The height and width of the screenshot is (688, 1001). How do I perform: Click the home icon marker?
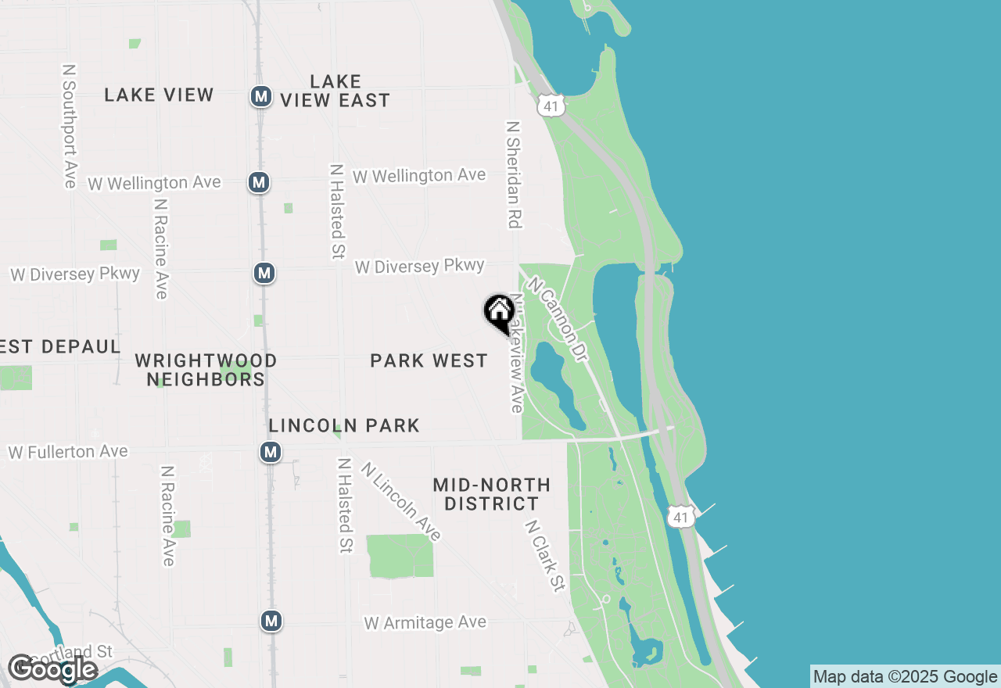[499, 312]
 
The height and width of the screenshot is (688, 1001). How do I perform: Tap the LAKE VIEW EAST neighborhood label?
[335, 91]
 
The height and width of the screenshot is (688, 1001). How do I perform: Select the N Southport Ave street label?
[69, 125]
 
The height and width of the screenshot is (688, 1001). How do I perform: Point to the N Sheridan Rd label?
[513, 174]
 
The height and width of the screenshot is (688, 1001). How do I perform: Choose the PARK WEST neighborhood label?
[429, 360]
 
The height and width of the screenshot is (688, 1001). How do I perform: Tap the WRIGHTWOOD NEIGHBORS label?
[206, 370]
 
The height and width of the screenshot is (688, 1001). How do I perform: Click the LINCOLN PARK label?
[344, 425]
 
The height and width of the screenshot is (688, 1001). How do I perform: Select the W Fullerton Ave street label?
[67, 452]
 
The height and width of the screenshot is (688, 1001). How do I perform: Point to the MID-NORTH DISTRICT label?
[491, 494]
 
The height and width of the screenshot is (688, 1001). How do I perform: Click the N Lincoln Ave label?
[401, 501]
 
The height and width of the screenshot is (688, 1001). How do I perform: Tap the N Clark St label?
[545, 556]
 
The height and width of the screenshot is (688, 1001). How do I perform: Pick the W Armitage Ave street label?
[425, 623]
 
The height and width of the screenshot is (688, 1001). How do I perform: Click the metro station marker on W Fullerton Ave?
[271, 452]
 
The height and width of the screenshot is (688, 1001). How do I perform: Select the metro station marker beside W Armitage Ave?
[271, 621]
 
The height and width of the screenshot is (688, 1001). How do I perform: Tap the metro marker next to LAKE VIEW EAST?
[260, 97]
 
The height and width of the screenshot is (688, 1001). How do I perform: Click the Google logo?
[52, 669]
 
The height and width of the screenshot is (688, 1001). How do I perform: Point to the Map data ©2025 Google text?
[905, 677]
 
